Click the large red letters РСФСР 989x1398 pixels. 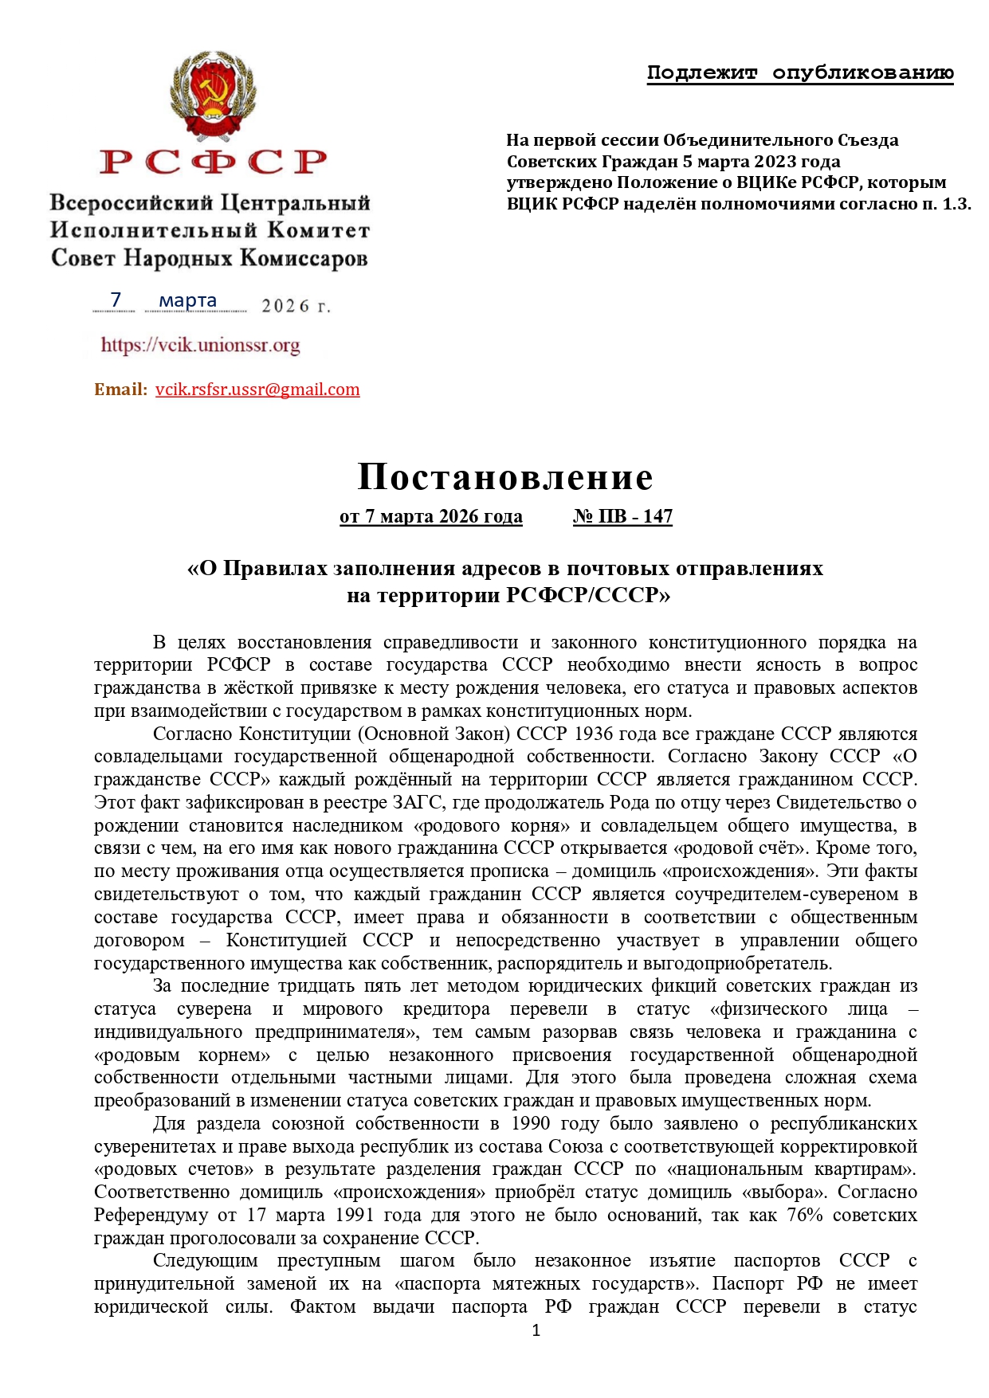coord(214,162)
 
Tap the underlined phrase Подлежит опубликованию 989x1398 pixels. coord(800,73)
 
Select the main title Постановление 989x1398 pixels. coord(505,476)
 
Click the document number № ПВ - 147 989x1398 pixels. coord(622,516)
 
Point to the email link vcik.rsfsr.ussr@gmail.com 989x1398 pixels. coord(257,390)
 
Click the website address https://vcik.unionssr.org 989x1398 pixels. coord(201,345)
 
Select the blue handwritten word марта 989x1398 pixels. coord(188,300)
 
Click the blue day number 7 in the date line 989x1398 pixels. coord(116,300)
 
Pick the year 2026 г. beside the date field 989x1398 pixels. coord(296,306)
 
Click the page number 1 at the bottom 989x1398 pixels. coord(536,1329)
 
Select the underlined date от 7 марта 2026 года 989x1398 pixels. coord(431,516)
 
